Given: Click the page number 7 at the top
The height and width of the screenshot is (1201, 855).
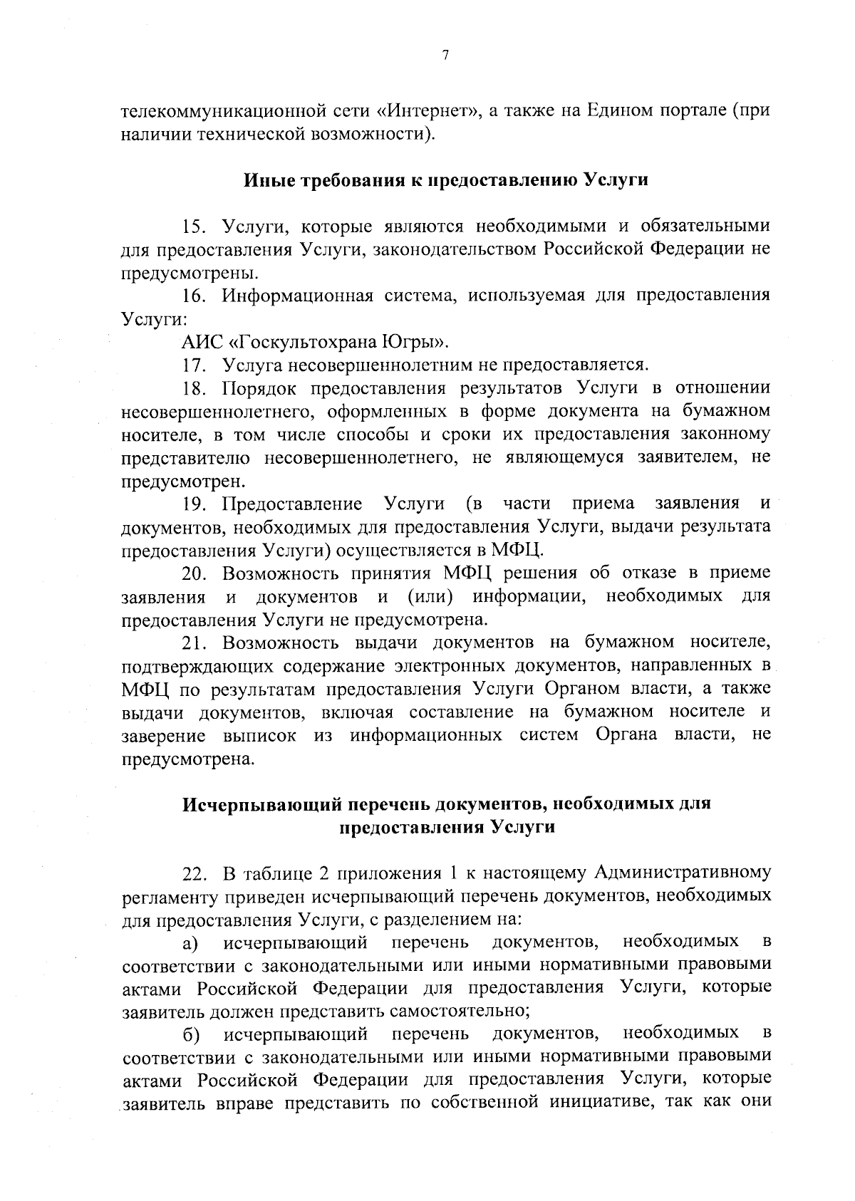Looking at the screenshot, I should pyautogui.click(x=444, y=56).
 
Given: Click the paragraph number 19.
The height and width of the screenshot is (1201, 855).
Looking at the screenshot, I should pyautogui.click(x=194, y=504).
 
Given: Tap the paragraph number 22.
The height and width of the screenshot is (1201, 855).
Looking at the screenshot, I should pyautogui.click(x=194, y=874).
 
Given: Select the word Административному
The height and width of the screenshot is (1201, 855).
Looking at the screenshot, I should pyautogui.click(x=682, y=873).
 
